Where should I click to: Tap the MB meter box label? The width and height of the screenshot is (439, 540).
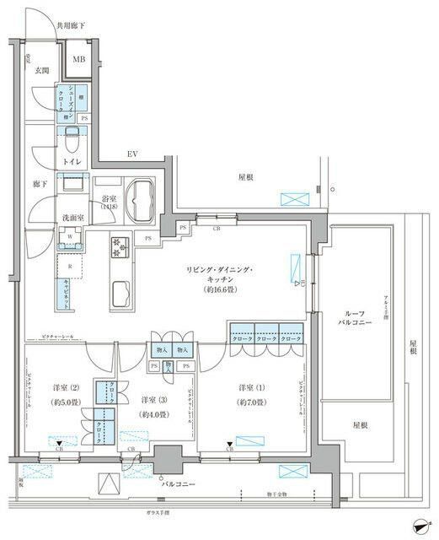click(78, 58)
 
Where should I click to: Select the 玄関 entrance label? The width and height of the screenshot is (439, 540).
click(42, 71)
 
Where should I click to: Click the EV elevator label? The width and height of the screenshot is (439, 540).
click(132, 154)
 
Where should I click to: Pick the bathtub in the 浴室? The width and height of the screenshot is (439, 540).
click(138, 199)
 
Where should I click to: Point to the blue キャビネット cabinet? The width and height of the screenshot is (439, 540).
click(64, 294)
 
